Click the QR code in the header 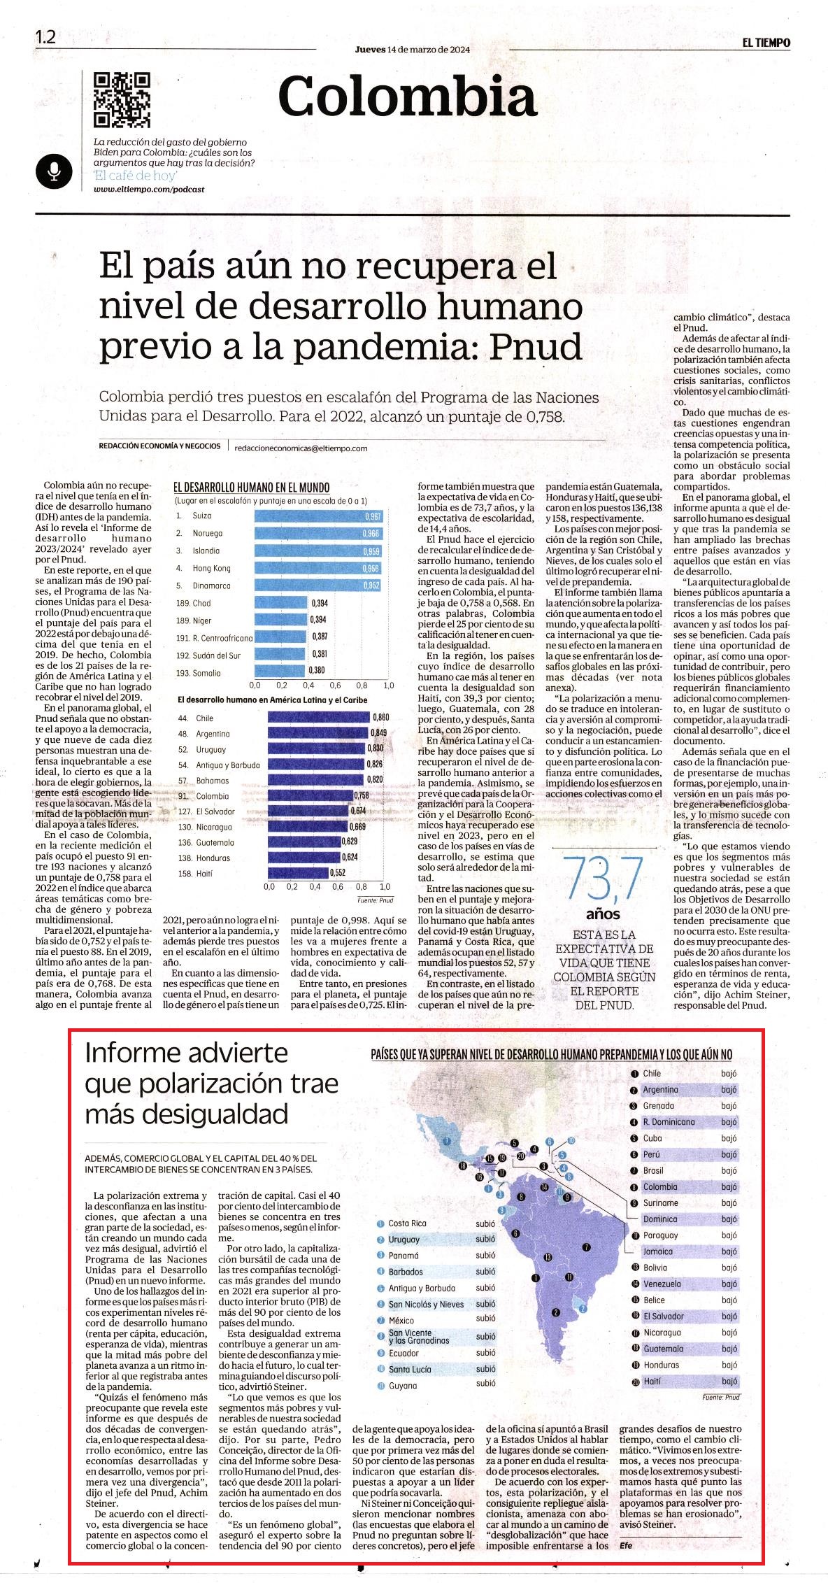pos(122,101)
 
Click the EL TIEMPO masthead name pos(766,43)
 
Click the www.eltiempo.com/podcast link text pos(149,190)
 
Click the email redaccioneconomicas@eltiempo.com pos(301,448)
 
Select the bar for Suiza pos(320,516)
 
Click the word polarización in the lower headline pos(191,1084)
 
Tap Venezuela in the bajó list pos(662,1284)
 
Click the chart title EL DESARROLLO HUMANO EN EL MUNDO pos(252,488)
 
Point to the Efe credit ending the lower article pos(625,1545)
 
